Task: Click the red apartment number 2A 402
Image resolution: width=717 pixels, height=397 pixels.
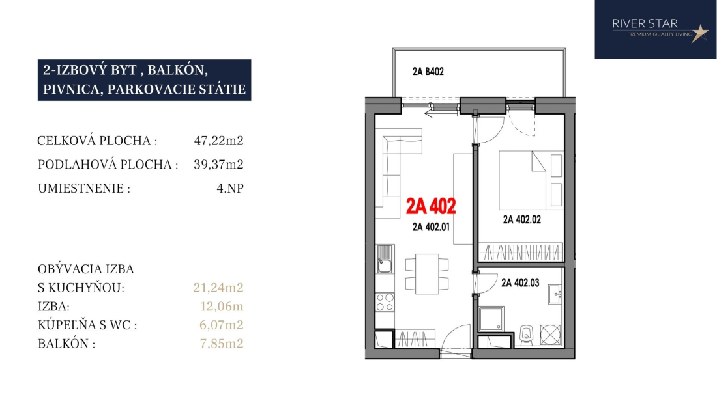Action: [431, 206]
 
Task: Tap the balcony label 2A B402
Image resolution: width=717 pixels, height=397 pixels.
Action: [428, 72]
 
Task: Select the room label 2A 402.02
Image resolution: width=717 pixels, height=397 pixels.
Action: [521, 219]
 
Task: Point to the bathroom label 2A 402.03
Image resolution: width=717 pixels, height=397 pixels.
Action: [520, 283]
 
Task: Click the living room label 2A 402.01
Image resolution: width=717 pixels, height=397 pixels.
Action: [431, 226]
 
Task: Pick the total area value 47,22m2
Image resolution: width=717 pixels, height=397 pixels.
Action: [218, 141]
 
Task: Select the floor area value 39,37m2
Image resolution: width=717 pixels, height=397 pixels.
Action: [218, 164]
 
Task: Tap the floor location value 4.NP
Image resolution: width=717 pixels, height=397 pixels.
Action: [230, 188]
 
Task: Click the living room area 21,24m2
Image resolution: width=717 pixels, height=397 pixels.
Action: [218, 288]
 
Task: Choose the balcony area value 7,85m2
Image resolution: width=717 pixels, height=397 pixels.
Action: [222, 343]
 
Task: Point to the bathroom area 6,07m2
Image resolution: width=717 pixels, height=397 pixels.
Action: [222, 325]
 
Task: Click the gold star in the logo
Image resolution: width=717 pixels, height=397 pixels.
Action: [699, 33]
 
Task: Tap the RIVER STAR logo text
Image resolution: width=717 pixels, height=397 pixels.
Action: [645, 23]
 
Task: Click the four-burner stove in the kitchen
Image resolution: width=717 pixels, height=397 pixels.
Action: [385, 302]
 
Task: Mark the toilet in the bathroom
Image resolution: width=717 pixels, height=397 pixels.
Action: [526, 335]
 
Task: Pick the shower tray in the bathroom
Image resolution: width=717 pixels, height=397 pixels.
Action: [491, 318]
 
